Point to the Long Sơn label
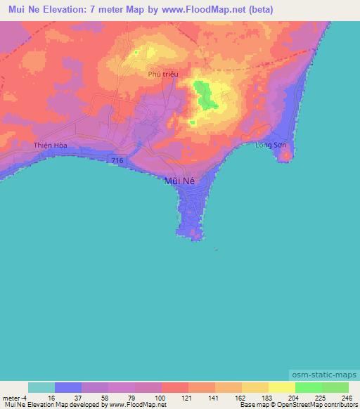tap(270, 145)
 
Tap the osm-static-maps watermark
tap(326, 376)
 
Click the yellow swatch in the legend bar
tap(281, 387)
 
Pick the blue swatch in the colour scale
tap(68, 387)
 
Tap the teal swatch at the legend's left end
tap(41, 387)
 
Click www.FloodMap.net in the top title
tap(211, 10)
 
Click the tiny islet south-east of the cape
tap(216, 249)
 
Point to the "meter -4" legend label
tap(13, 397)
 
